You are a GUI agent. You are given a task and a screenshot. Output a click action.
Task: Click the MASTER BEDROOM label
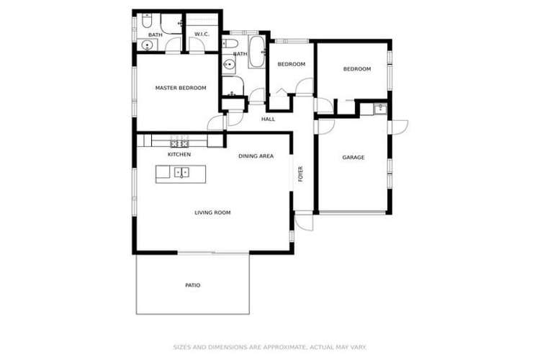pos(181,88)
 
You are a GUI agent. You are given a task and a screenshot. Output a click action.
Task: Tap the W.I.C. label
pos(202,35)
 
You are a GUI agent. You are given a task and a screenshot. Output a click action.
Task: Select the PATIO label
pos(192,285)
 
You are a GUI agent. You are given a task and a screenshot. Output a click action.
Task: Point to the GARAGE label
pos(353,157)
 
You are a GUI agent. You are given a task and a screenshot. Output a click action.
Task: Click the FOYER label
pos(301,174)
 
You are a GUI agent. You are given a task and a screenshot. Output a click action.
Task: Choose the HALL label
pos(268,119)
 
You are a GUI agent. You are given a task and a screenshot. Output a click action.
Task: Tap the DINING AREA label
pos(256,156)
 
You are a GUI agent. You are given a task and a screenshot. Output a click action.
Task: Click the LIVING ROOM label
pos(212,212)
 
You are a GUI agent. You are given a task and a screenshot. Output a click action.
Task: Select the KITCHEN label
pos(179,154)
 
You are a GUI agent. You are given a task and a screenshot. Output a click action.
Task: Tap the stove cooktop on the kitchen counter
pos(178,141)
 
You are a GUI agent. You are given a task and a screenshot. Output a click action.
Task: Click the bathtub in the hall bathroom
pos(257,55)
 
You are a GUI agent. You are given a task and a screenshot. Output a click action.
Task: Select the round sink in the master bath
pos(148,46)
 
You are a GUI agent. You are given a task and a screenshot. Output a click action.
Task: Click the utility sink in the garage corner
pos(379,109)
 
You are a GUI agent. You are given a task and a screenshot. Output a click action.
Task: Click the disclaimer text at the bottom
pos(270,346)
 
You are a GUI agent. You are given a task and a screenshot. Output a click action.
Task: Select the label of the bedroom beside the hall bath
pos(292,64)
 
